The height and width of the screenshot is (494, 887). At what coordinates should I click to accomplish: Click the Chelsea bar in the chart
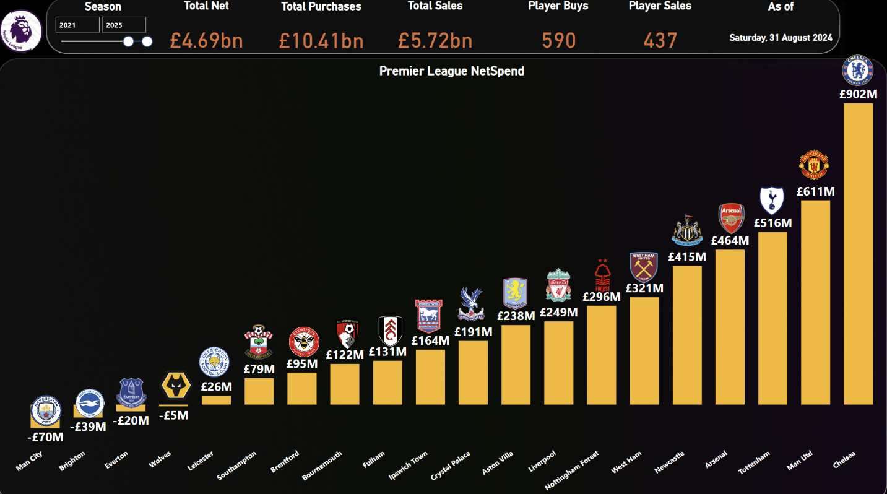pos(858,254)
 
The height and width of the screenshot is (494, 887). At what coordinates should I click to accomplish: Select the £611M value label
pos(815,192)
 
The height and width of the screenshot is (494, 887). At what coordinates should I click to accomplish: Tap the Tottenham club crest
pos(772,200)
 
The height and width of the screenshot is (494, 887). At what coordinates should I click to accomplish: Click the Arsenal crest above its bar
pos(731,218)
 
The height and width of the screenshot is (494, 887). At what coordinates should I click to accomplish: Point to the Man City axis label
pos(29,461)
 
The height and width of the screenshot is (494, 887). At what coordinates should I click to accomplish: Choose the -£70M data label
pos(45,437)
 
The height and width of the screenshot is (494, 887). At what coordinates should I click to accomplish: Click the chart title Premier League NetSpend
pos(451,71)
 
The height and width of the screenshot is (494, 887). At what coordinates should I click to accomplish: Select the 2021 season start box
pos(77,25)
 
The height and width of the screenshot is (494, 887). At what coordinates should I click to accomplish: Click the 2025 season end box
pos(124,25)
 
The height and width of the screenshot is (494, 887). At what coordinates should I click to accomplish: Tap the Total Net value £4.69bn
pos(206,41)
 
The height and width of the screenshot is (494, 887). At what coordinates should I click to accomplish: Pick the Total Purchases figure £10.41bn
pos(321,41)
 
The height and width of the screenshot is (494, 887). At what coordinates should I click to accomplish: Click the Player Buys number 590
pos(558,41)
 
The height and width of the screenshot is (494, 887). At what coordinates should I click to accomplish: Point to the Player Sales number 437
pos(660,41)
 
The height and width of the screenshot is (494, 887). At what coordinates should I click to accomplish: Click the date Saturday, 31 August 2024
pos(781,38)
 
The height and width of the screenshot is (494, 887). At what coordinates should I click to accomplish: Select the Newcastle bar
pos(687,335)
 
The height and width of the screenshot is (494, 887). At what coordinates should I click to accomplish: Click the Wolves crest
pos(175,386)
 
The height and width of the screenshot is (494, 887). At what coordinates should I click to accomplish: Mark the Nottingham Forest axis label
pos(573,470)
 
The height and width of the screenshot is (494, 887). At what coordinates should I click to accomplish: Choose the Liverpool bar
pos(558,363)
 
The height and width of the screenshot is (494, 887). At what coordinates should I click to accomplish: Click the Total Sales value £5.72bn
pos(435,41)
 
